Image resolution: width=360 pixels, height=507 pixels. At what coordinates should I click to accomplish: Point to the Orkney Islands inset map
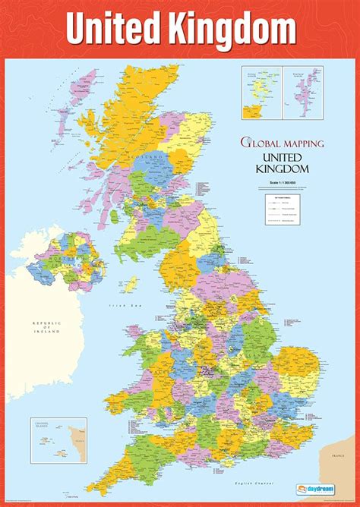click(x=261, y=93)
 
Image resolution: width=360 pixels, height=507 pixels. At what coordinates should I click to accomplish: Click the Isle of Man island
click(x=131, y=283)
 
